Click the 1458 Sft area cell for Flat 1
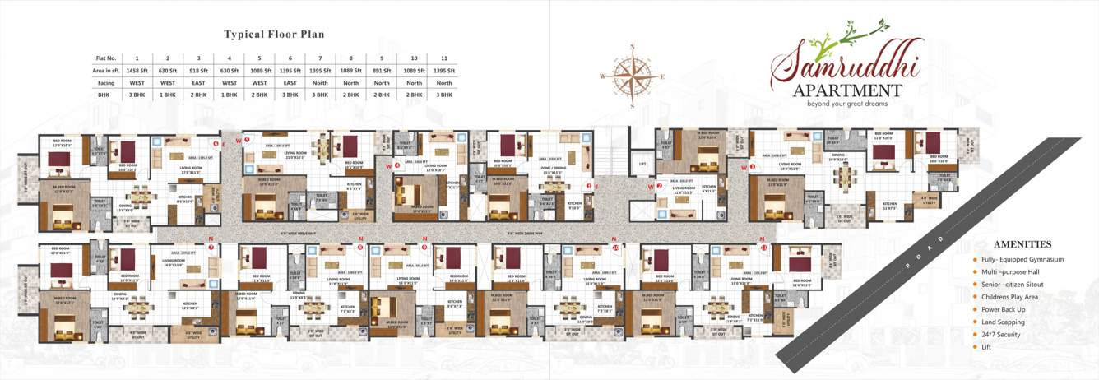point(137,71)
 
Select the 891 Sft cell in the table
point(383,71)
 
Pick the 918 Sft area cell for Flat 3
point(198,71)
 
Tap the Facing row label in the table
point(107,82)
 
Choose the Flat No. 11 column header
point(444,58)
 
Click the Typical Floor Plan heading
point(274,35)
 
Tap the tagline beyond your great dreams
point(847,104)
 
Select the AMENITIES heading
point(1022,244)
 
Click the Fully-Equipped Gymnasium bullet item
point(1022,259)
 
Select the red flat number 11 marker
point(763,246)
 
